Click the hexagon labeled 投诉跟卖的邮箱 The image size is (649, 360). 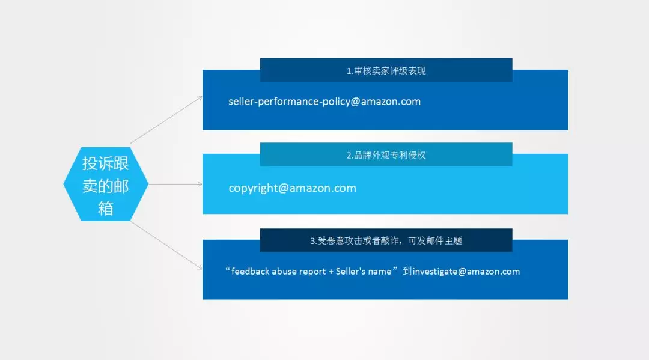point(106,184)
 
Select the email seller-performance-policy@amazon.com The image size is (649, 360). point(324,102)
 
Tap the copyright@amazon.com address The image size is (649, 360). point(292,188)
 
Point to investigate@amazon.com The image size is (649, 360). point(466,272)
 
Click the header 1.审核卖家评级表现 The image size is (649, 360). point(386,71)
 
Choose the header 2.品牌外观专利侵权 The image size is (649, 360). point(386,155)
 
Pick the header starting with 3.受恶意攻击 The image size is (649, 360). point(386,241)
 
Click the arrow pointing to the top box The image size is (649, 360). point(166,120)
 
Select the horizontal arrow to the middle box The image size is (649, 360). point(175,184)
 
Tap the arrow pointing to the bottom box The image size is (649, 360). point(166,245)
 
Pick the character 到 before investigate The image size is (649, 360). point(407,272)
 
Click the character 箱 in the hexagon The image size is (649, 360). point(106,208)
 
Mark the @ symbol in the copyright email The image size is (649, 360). point(284,188)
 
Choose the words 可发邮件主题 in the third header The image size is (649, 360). point(435,241)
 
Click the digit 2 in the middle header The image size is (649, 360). point(349,156)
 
